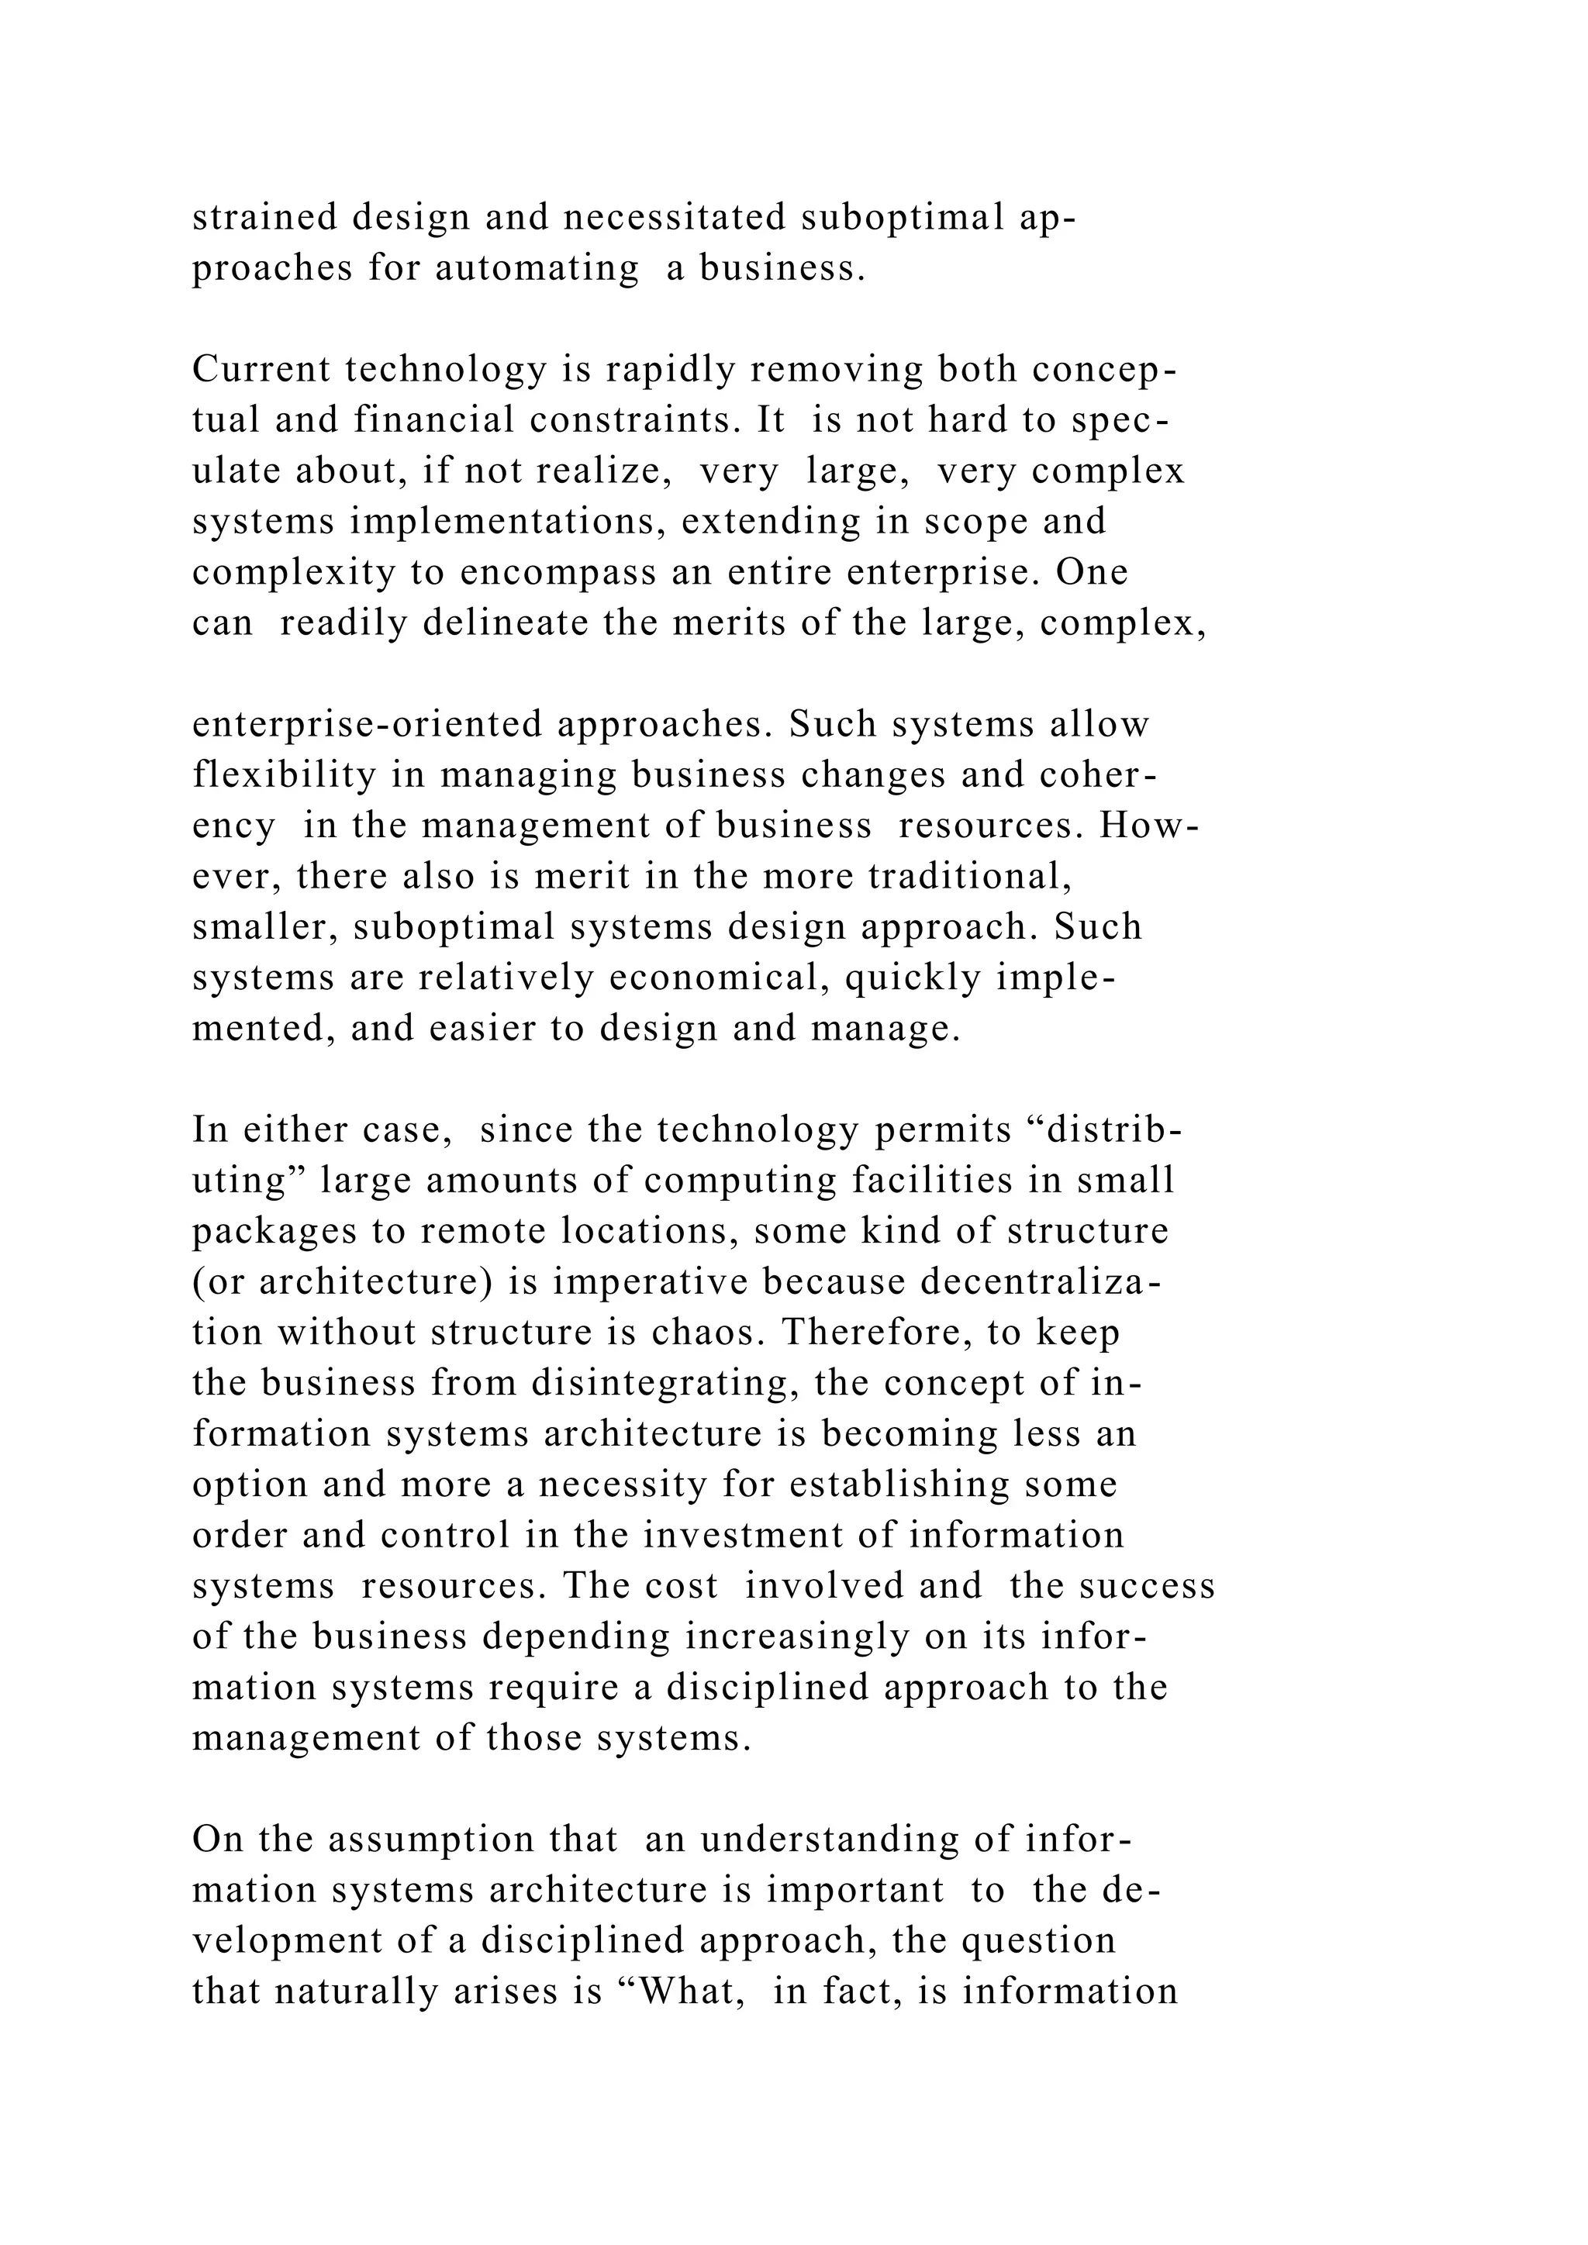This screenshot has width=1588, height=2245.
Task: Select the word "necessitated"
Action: [x=675, y=217]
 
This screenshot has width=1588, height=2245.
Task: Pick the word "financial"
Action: [x=434, y=420]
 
